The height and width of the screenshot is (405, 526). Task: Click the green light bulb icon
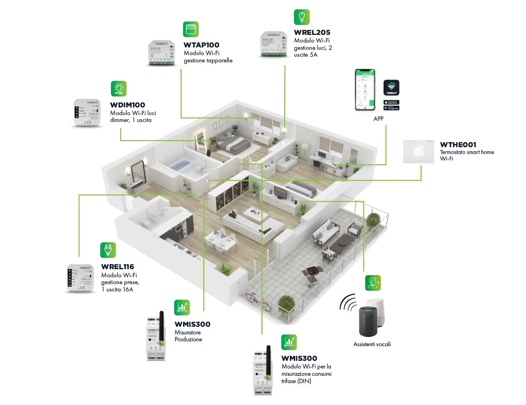(302, 17)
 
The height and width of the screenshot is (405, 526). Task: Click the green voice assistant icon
(373, 282)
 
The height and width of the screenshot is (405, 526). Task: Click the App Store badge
(391, 103)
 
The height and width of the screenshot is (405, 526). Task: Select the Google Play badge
(391, 108)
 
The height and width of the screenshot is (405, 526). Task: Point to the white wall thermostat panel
(418, 153)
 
